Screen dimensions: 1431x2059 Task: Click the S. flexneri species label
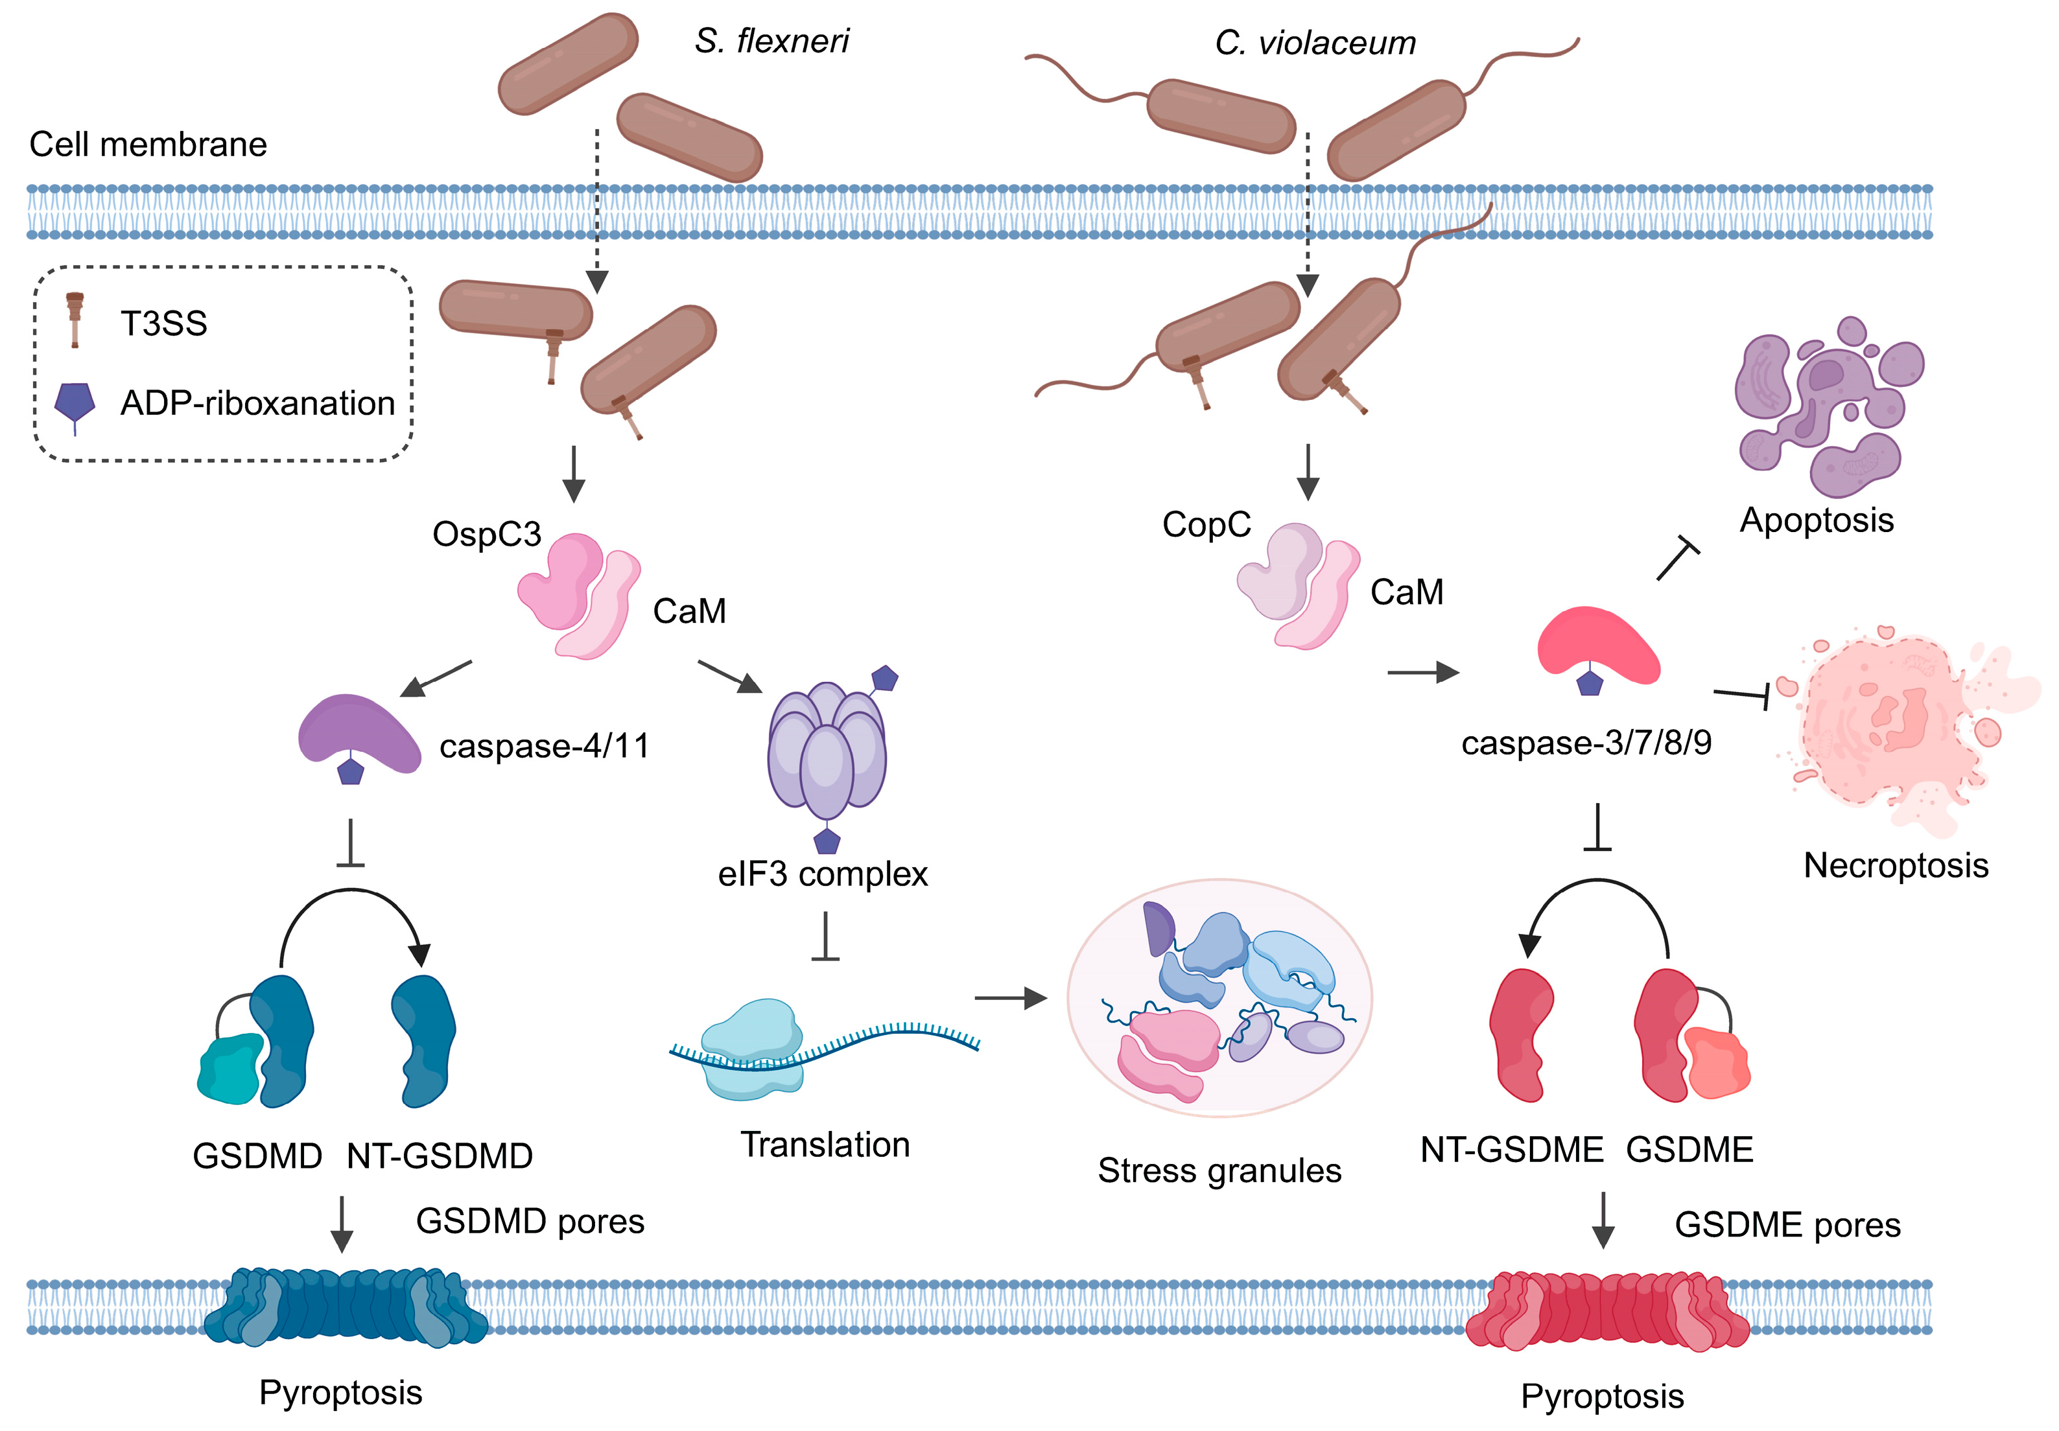pyautogui.click(x=771, y=41)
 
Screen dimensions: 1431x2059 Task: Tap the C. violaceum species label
pyautogui.click(x=1315, y=43)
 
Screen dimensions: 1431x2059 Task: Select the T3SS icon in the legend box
pyautogui.click(x=75, y=320)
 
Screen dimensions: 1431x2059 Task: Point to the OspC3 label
pyautogui.click(x=487, y=535)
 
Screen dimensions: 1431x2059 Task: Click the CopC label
pyautogui.click(x=1206, y=524)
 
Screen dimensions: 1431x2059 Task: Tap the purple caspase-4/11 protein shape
pyautogui.click(x=359, y=732)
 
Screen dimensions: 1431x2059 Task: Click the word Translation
pyautogui.click(x=825, y=1145)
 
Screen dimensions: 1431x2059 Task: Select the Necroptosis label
pyautogui.click(x=1896, y=866)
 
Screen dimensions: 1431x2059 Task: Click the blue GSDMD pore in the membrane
pyautogui.click(x=346, y=1307)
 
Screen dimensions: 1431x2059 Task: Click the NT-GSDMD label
pyautogui.click(x=440, y=1157)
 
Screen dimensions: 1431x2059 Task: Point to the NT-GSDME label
pyautogui.click(x=1511, y=1150)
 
